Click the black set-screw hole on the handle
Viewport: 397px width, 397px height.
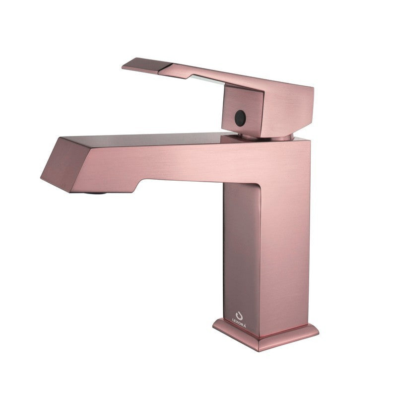coord(240,118)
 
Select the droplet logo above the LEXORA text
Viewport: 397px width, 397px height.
coord(239,315)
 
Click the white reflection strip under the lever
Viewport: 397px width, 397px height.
coord(207,79)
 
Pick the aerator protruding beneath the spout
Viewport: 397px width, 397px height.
coord(95,193)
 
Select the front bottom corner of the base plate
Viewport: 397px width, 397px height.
coord(259,351)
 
